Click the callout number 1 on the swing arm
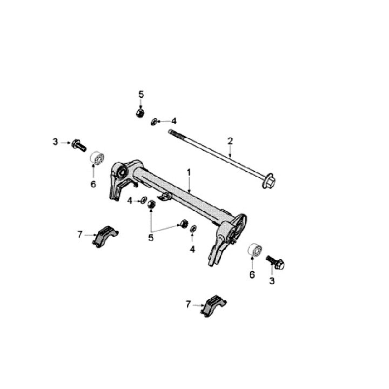tap(189, 172)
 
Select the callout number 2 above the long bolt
tap(230, 141)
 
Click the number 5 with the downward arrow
tap(141, 95)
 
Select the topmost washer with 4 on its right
tap(155, 122)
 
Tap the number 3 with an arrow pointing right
tap(55, 142)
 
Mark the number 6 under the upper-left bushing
tap(93, 184)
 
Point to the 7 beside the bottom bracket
tap(188, 305)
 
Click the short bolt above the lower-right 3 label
tap(276, 263)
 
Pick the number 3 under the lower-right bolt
tap(272, 281)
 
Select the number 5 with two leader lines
tap(151, 237)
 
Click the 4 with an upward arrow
tap(192, 249)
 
